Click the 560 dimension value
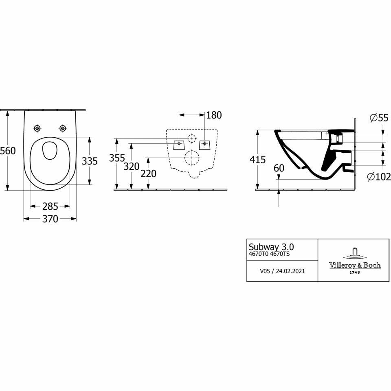(8, 151)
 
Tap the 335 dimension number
(90, 161)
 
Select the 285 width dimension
(50, 206)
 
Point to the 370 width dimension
(50, 219)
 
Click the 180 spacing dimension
(214, 115)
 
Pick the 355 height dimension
(117, 158)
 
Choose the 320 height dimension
(132, 166)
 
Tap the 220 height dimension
(148, 174)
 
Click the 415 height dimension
(258, 160)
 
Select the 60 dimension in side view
(279, 168)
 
